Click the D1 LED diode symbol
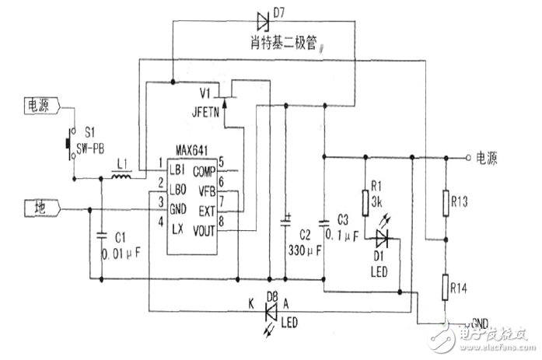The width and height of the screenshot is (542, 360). coord(381,238)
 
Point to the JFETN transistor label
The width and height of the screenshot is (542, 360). coord(207,111)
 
